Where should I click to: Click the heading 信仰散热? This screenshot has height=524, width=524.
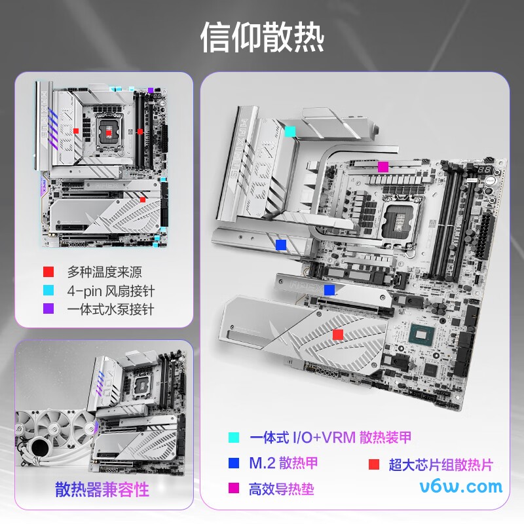pyautogui.click(x=262, y=38)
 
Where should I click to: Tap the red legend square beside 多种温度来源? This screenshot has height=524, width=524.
pyautogui.click(x=48, y=272)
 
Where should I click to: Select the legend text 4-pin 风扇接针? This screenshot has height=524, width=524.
pyautogui.click(x=111, y=291)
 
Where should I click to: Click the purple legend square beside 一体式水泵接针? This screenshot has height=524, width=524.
pyautogui.click(x=48, y=309)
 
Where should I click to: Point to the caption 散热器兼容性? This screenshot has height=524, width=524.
pyautogui.click(x=102, y=489)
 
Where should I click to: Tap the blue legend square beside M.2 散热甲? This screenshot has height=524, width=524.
pyautogui.click(x=233, y=464)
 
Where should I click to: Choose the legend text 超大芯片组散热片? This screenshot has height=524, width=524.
pyautogui.click(x=440, y=465)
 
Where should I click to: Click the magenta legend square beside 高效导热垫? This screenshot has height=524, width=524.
pyautogui.click(x=233, y=489)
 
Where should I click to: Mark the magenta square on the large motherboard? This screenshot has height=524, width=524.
pyautogui.click(x=383, y=166)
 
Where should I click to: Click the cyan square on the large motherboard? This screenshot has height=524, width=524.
pyautogui.click(x=290, y=131)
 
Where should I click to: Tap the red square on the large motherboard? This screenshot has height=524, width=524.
pyautogui.click(x=337, y=335)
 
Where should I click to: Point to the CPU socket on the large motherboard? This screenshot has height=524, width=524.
pyautogui.click(x=401, y=219)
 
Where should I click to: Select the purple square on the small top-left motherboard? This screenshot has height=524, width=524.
pyautogui.click(x=151, y=90)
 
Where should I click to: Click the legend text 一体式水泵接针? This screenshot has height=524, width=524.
pyautogui.click(x=111, y=309)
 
